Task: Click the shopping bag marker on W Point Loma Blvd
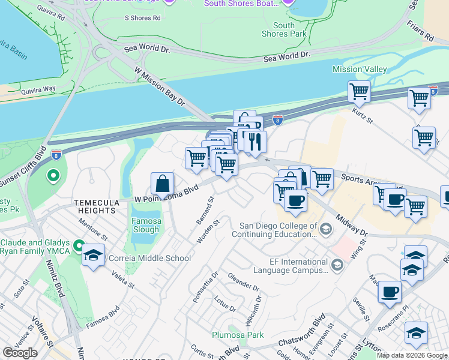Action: coord(163,184)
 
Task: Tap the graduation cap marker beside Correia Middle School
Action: coord(93,255)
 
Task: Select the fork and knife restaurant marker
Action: coord(255,142)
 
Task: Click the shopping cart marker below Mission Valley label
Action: coord(359,92)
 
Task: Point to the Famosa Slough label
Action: coord(146,225)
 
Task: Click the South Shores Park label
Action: coord(284,29)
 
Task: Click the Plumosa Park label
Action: coord(238,335)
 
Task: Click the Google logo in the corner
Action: coord(20,353)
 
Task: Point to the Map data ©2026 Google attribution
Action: coord(411,355)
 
